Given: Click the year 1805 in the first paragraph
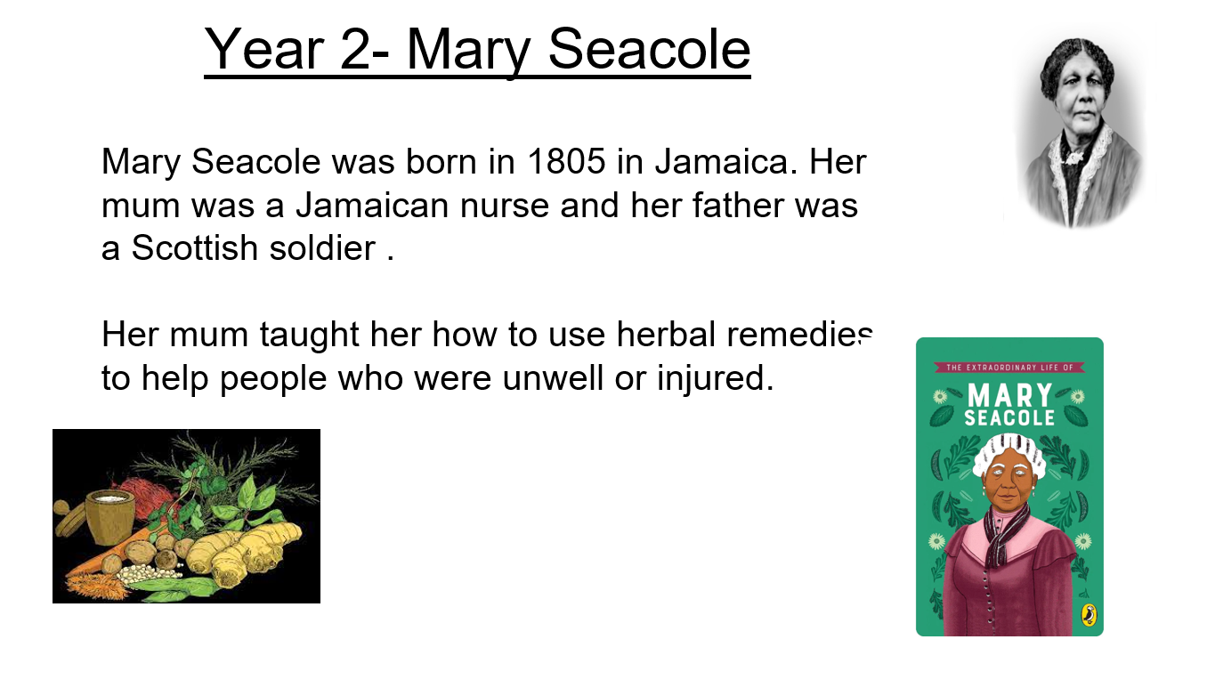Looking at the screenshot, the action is click(566, 161).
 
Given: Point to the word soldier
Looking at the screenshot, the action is click(322, 247).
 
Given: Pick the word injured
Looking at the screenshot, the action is click(715, 377).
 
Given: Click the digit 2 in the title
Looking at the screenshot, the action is click(355, 50).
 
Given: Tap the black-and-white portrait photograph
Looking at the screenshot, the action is click(1081, 132).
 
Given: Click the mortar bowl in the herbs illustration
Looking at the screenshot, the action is click(110, 516).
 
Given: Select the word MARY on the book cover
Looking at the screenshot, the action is click(1009, 395).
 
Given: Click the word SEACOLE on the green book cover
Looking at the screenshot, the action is click(1009, 418).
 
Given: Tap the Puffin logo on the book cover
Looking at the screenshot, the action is click(1089, 615).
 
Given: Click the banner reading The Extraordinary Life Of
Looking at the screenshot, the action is click(1009, 368).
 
